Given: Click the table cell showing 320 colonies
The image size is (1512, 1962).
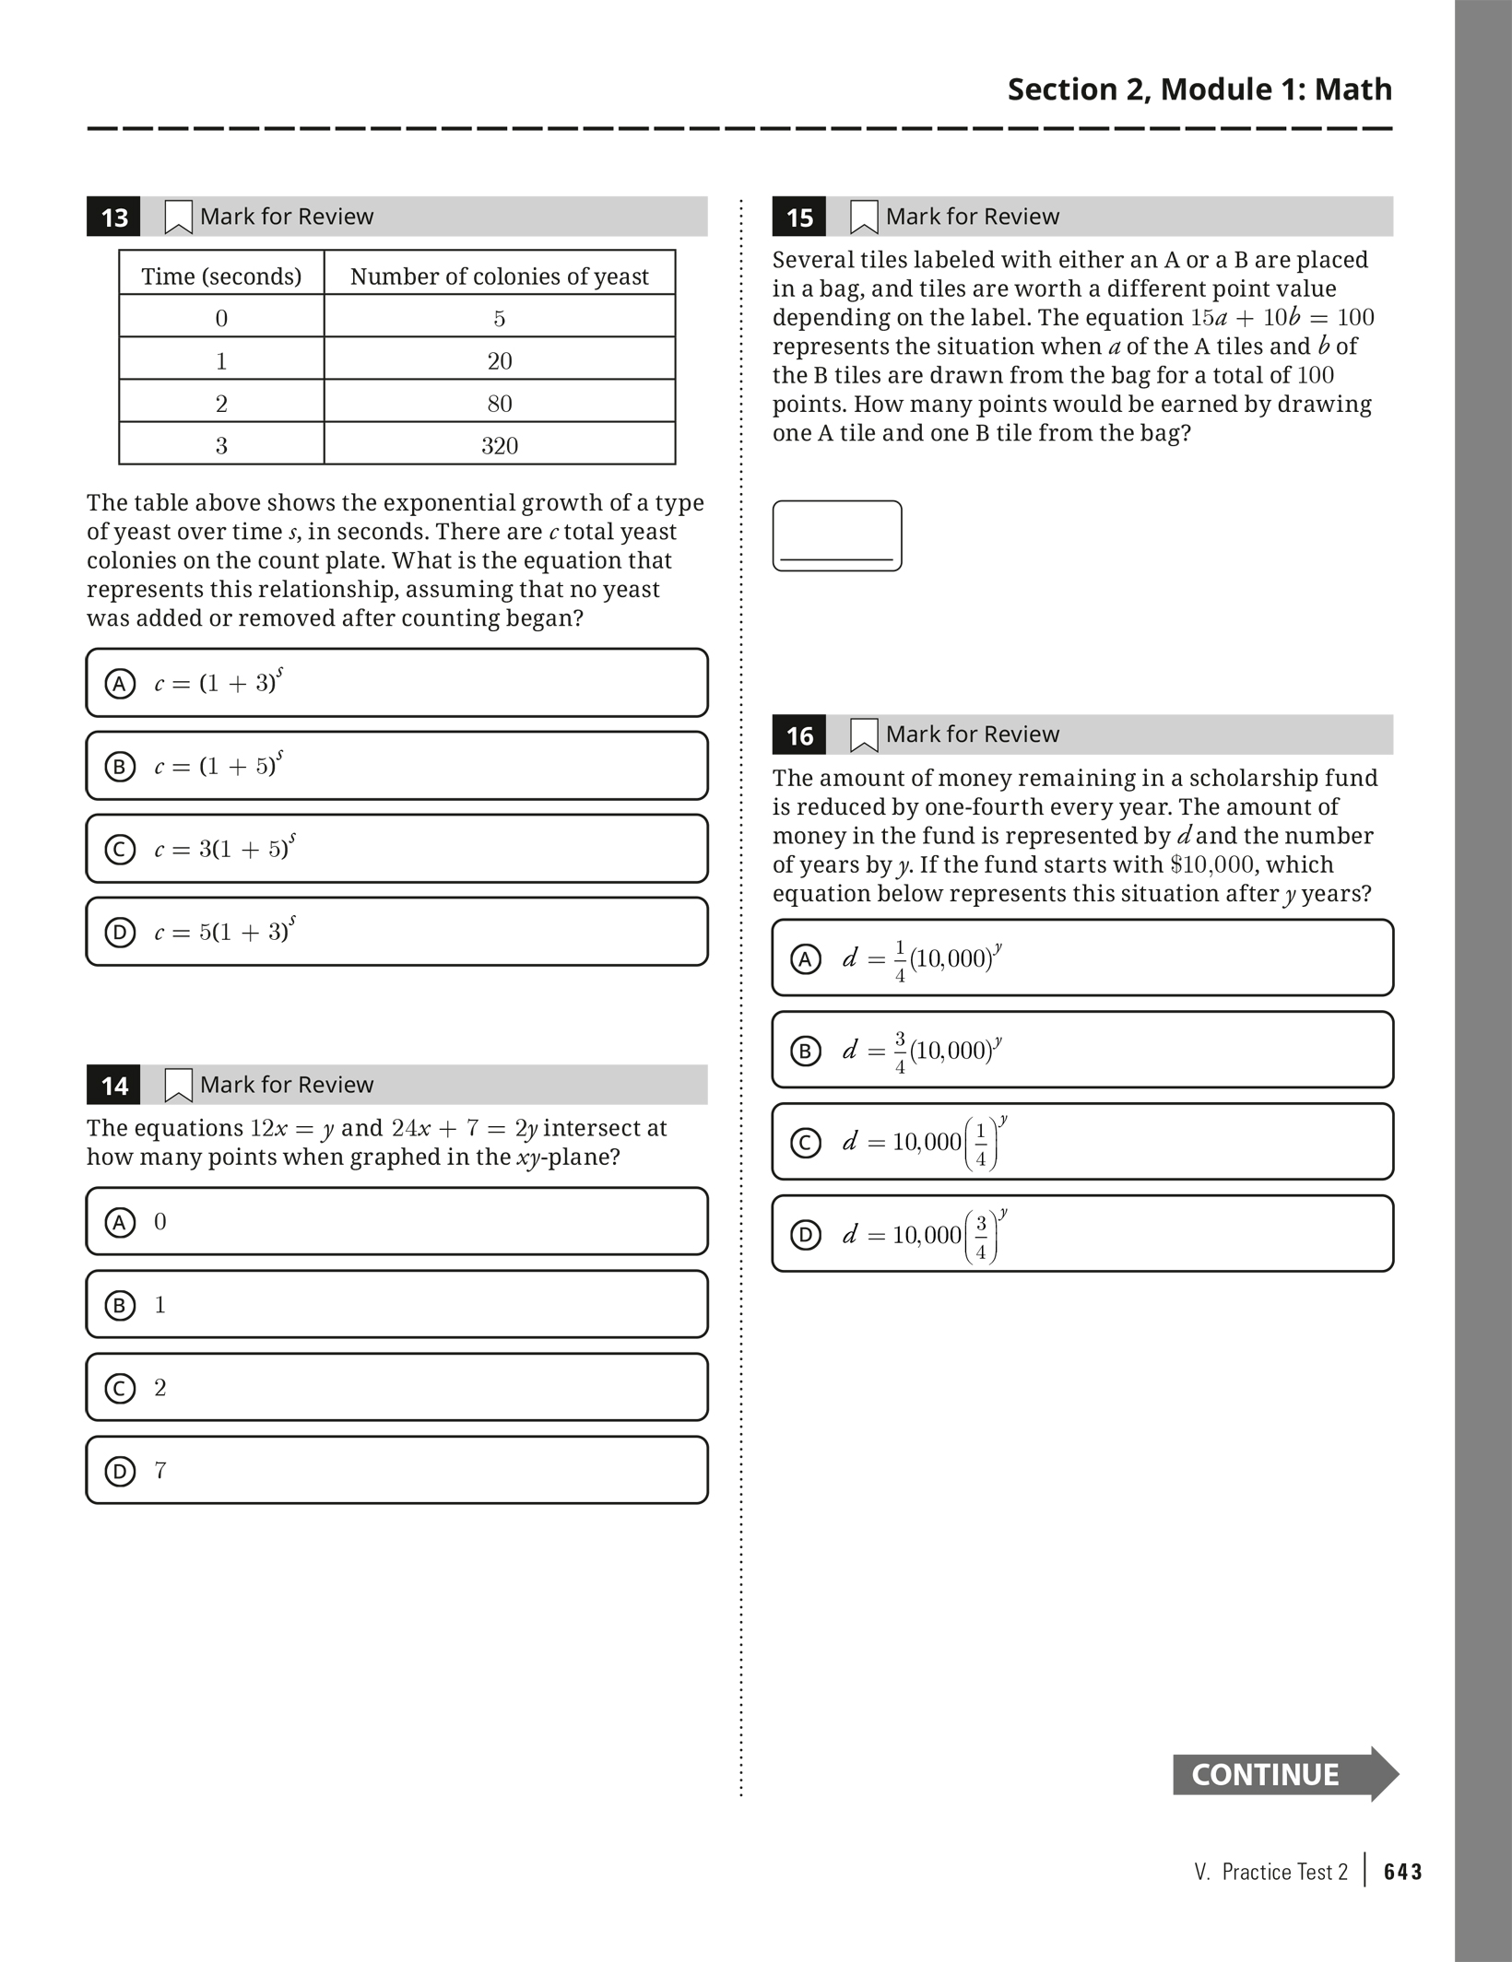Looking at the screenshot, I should (499, 446).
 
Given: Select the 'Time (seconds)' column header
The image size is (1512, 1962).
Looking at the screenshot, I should (221, 276).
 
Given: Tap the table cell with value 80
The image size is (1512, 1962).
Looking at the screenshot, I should (499, 404).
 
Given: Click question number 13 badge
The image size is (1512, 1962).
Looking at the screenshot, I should (114, 217).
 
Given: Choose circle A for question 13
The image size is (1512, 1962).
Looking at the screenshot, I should (120, 684).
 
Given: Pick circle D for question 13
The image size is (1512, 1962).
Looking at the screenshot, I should (120, 933).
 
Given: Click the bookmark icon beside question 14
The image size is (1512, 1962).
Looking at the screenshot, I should (178, 1085).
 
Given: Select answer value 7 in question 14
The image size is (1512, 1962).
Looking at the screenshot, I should (160, 1470).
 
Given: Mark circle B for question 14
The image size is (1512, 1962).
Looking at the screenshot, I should (120, 1305).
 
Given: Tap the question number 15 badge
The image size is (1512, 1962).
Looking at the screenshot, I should (799, 217).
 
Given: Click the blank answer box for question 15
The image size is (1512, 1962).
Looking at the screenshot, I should (837, 535).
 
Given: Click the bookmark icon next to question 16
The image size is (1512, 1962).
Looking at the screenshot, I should (864, 734).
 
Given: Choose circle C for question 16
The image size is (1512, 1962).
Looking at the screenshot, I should (806, 1143).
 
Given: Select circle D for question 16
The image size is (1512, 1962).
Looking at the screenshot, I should (806, 1235).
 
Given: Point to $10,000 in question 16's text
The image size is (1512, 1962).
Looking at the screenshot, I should (1211, 865).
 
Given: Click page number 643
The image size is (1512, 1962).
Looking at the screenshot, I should (1402, 1872).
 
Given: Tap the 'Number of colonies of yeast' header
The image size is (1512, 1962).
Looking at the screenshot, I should (499, 276).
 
